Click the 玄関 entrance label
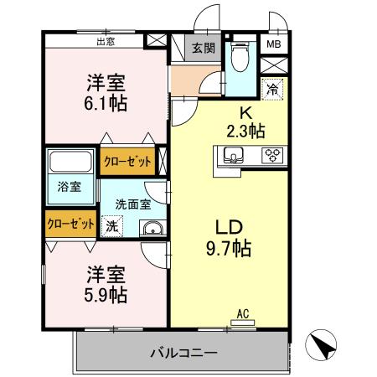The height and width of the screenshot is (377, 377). coord(203,48)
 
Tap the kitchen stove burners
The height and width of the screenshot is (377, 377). coord(271,154)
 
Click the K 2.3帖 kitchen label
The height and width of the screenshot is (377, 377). coord(245,120)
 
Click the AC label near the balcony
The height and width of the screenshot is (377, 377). coord(243,313)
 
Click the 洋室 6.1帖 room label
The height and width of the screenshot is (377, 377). coord(106,93)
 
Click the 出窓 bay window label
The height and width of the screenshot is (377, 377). coord(106,39)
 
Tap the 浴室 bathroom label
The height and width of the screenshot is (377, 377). coord(70,185)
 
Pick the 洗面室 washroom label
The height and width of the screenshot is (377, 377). coord(132,203)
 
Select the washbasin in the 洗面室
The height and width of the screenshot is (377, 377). coord(151,230)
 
